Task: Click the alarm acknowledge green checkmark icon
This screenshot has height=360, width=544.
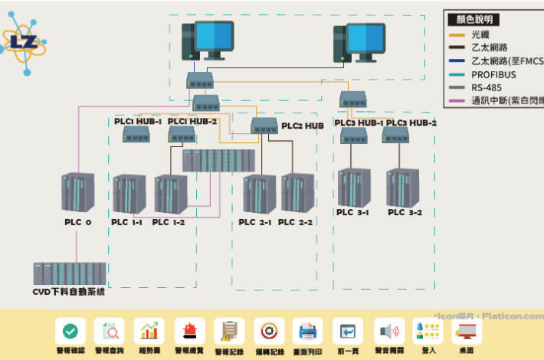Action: tap(70, 331)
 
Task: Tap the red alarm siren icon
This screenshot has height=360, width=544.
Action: tap(189, 331)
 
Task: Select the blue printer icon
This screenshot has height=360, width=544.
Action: tap(308, 331)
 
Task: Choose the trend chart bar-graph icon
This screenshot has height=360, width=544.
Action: tap(149, 331)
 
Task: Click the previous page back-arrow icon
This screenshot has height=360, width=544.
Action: tap(348, 331)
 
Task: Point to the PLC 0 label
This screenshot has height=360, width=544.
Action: tap(77, 222)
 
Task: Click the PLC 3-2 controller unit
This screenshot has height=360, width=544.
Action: tap(403, 188)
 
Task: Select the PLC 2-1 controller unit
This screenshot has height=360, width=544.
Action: tap(259, 194)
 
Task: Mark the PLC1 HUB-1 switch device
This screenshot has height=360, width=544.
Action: tap(136, 135)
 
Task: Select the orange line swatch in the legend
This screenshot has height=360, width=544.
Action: tap(457, 34)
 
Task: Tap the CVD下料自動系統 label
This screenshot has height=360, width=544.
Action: tap(68, 292)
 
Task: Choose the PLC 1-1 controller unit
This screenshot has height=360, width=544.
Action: tap(129, 195)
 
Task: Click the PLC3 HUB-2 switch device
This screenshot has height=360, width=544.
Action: tap(396, 136)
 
